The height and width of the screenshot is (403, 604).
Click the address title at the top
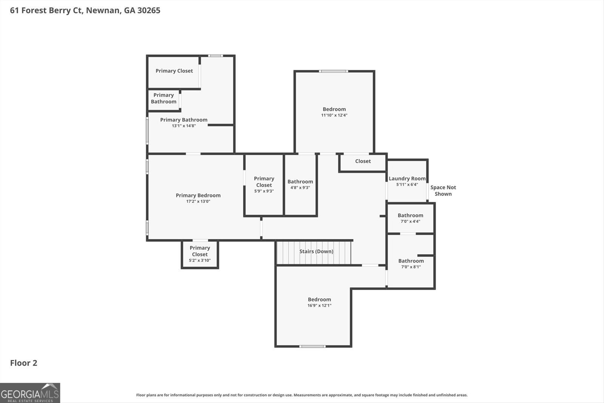(x=85, y=10)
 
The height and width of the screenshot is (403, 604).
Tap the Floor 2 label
(x=23, y=363)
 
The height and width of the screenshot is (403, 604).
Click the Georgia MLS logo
(x=30, y=393)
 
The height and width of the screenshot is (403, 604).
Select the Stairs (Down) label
(x=316, y=251)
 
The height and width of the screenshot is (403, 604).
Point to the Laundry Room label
(x=407, y=178)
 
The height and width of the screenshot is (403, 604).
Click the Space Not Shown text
(x=443, y=190)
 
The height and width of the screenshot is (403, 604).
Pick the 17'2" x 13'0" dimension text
(x=198, y=201)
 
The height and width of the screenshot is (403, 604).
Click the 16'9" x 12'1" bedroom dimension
(x=319, y=306)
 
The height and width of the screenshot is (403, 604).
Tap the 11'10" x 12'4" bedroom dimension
(x=334, y=115)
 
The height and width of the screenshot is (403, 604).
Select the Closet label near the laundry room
(x=363, y=161)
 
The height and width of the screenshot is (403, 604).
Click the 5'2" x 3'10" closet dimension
(x=200, y=260)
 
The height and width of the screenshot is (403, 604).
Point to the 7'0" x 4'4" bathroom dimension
(x=410, y=221)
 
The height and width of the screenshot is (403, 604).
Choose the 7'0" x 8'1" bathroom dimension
(x=411, y=267)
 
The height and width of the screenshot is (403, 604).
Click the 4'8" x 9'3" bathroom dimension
(x=300, y=187)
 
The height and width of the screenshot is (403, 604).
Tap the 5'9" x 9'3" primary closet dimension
(x=264, y=191)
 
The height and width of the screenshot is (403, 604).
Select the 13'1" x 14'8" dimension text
(x=183, y=126)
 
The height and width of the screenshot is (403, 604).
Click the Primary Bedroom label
(x=198, y=195)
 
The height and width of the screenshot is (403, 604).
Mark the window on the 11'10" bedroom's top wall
(x=333, y=71)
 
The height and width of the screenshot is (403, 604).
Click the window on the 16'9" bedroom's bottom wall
(x=312, y=346)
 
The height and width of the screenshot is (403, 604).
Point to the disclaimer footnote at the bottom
(x=302, y=395)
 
